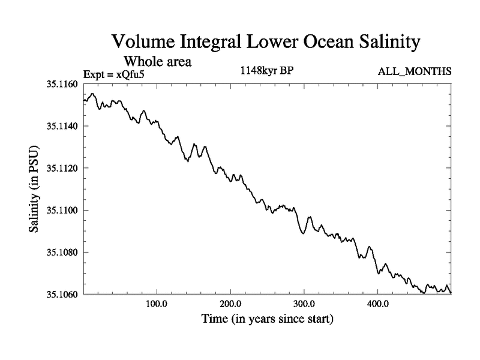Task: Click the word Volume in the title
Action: pyautogui.click(x=143, y=43)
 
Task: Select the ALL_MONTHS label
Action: pyautogui.click(x=414, y=72)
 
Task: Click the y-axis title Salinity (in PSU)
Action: pyautogui.click(x=34, y=190)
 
